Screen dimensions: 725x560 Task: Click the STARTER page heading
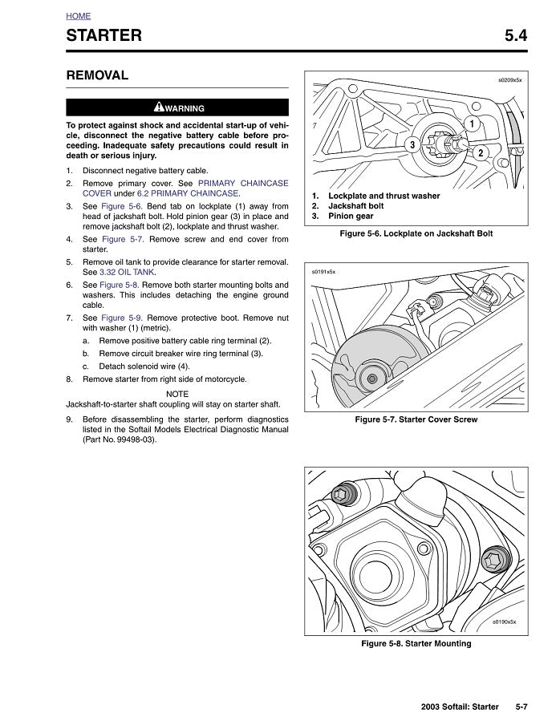pyautogui.click(x=103, y=35)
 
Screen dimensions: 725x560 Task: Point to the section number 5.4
pyautogui.click(x=516, y=35)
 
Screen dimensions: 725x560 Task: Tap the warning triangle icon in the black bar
pyautogui.click(x=159, y=107)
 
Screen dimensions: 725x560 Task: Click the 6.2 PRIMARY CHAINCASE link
pyautogui.click(x=188, y=193)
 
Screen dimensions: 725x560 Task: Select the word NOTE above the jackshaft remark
pyautogui.click(x=177, y=394)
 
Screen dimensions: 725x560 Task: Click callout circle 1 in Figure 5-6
pyautogui.click(x=473, y=124)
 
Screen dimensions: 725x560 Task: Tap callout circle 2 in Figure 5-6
pyautogui.click(x=480, y=152)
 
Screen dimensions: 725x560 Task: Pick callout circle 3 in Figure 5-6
pyautogui.click(x=411, y=145)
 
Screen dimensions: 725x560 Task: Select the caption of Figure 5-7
pyautogui.click(x=416, y=419)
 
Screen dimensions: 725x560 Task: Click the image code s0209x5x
pyautogui.click(x=509, y=80)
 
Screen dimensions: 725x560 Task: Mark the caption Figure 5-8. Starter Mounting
pyautogui.click(x=416, y=643)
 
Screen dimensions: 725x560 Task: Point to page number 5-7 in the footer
pyautogui.click(x=521, y=707)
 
